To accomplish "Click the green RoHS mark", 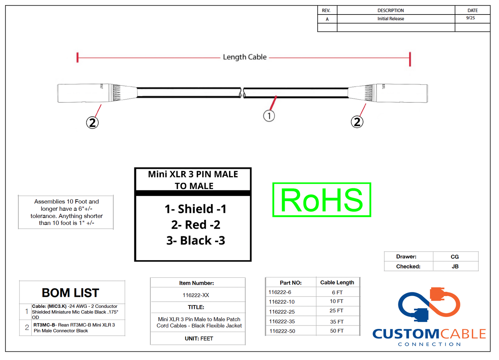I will [322, 200].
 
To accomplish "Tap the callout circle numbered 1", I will [269, 116].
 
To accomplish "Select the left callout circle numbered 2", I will [92, 122].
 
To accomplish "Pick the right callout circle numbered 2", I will [357, 122].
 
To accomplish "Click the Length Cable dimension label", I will [244, 57].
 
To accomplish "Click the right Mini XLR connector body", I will [402, 93].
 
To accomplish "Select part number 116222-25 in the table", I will [282, 312].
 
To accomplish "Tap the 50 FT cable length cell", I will [337, 331].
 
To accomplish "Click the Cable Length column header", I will [337, 282].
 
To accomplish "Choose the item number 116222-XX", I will [196, 295].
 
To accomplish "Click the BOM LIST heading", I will [70, 293].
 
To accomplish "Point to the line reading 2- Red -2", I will [195, 225].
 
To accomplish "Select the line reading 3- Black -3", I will [195, 240].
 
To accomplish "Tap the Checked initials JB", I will [455, 266].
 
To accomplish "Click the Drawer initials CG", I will [454, 257].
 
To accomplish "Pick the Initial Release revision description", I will [391, 19].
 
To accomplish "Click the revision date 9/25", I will [470, 18].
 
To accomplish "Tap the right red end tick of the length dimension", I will [410, 59].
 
